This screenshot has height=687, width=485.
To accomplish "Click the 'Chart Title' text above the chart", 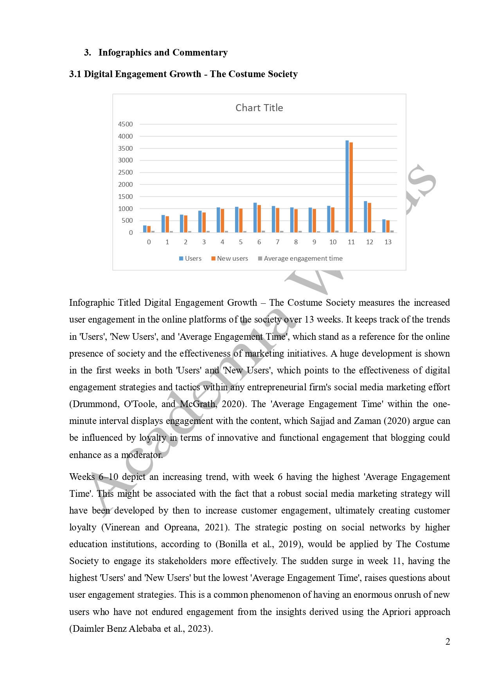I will pos(259,108).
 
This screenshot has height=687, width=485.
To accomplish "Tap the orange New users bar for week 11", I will pos(351,188).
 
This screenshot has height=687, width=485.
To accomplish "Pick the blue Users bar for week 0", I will pos(145,229).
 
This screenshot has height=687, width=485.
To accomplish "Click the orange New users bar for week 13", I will pos(388,227).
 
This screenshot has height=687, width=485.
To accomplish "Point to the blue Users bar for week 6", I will pos(255,218).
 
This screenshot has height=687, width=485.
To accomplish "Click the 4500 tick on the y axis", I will pos(126,124).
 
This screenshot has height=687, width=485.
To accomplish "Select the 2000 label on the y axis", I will pos(126,184).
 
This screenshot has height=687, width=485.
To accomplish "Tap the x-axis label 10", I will pos(333,242).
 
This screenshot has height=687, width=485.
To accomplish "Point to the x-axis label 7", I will pos(277,242).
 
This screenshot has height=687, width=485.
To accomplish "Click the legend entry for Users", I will pos(190,258).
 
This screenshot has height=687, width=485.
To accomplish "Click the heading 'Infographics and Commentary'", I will pos(163,52).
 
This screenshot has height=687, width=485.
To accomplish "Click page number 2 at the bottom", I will pos(447,642).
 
